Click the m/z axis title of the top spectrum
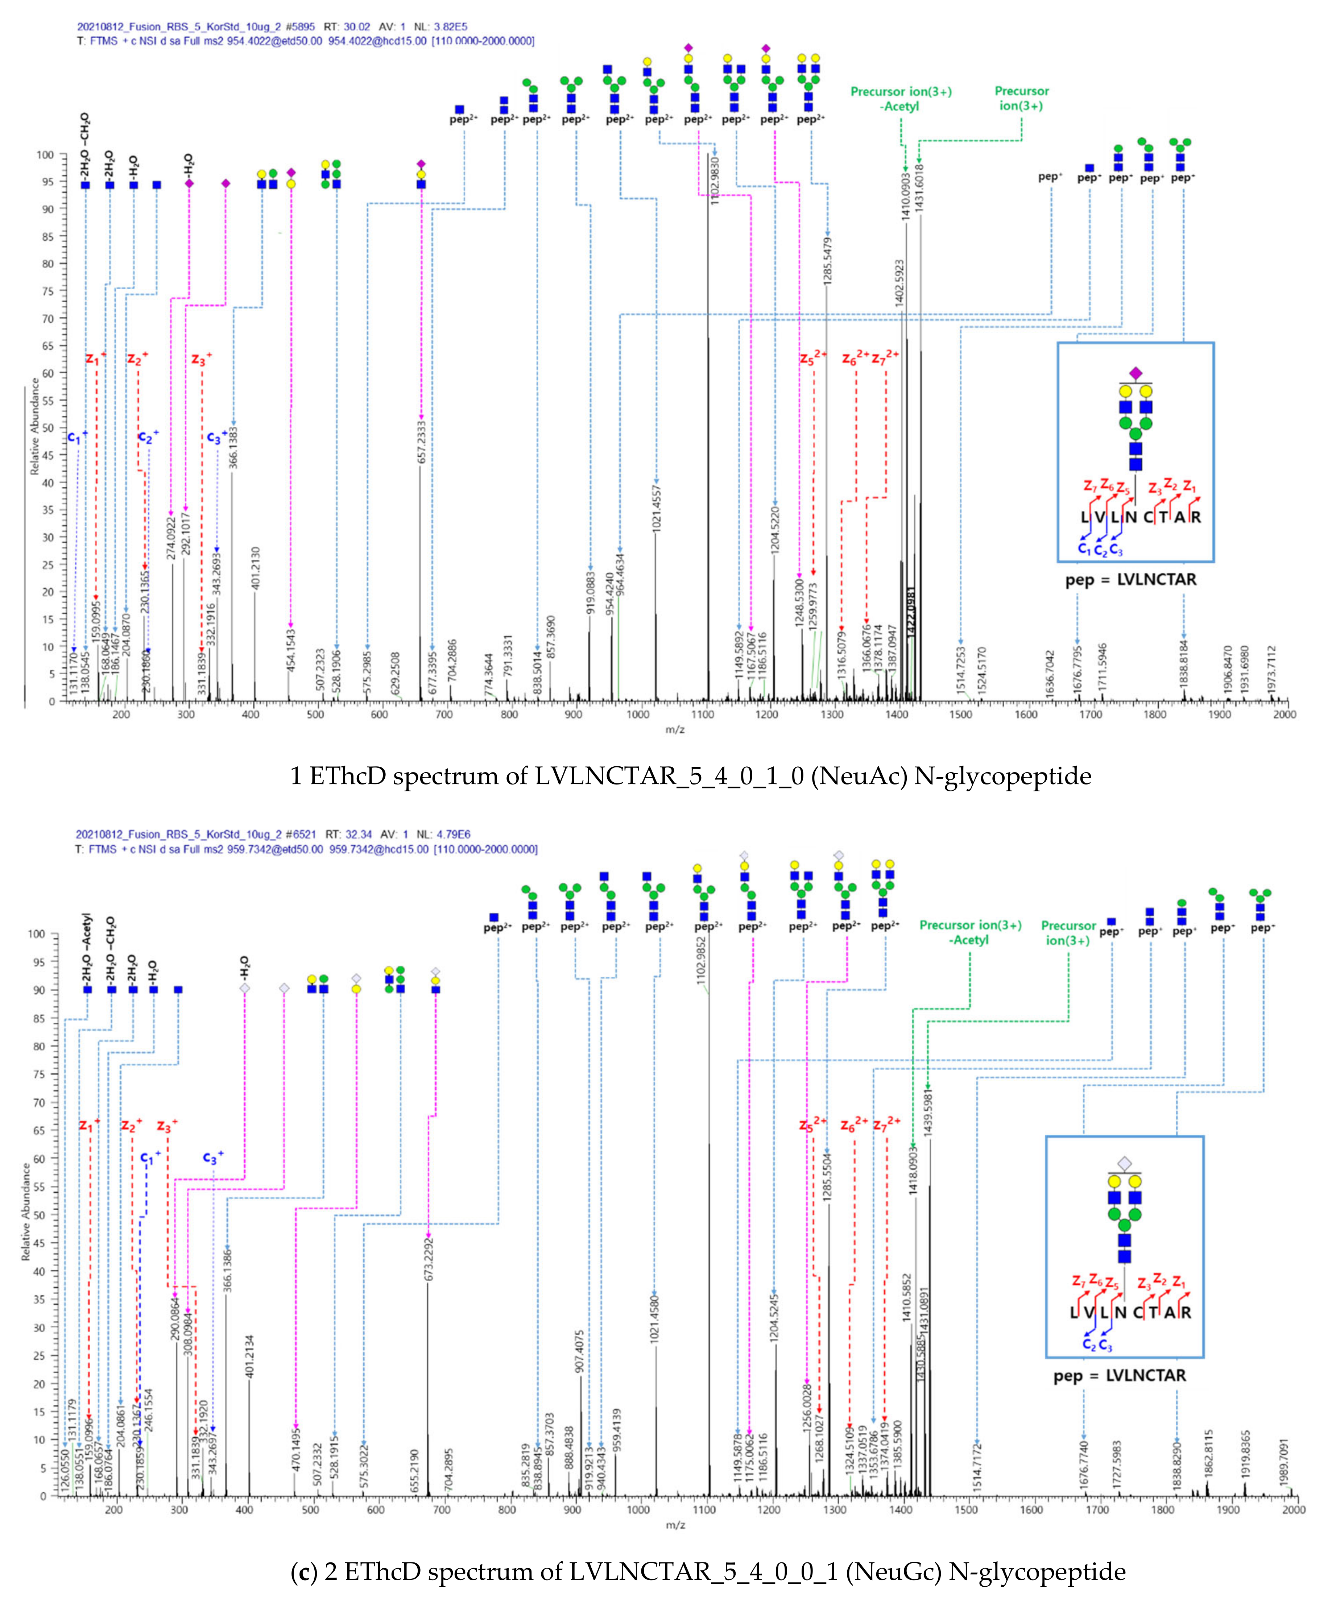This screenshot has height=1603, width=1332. [675, 730]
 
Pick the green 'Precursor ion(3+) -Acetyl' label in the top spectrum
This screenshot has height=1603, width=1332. [901, 99]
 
